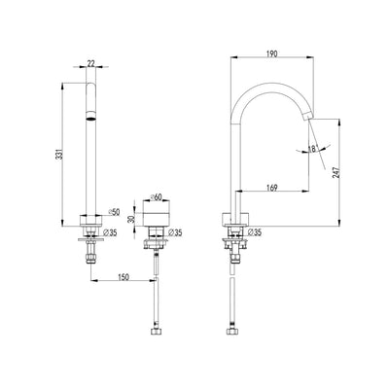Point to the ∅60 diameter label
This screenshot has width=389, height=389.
[x=161, y=195]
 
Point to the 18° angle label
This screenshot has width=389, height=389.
[x=311, y=149]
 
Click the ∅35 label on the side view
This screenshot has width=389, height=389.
[x=257, y=233]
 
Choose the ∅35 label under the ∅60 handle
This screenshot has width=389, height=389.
[x=176, y=233]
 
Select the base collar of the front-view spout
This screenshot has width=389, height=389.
[x=90, y=216]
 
